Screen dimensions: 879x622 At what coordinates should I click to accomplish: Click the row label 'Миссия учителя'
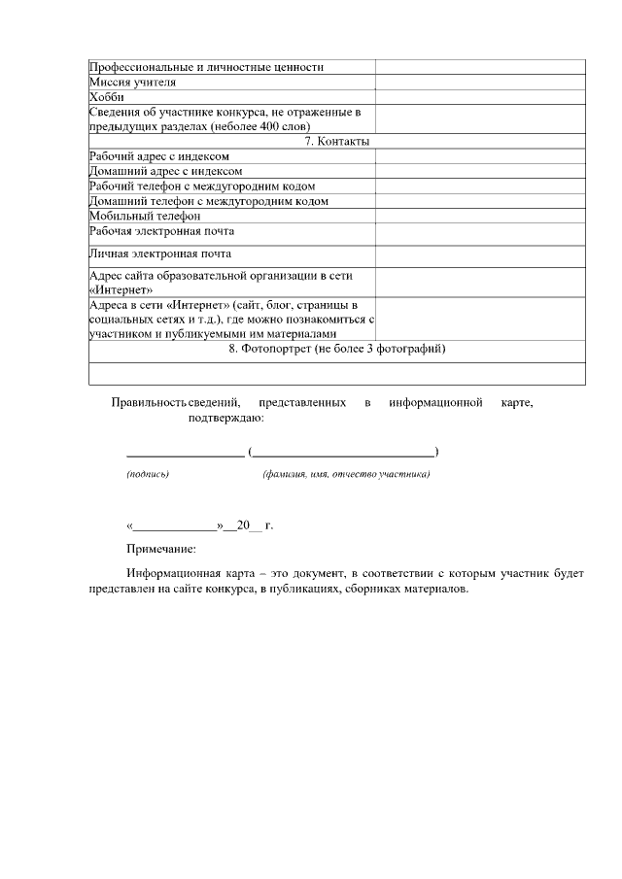point(132,83)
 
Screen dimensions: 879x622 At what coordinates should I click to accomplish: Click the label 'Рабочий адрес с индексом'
point(159,156)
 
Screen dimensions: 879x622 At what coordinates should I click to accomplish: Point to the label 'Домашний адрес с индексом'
point(165,171)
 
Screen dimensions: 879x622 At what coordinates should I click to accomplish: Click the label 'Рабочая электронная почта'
point(161,231)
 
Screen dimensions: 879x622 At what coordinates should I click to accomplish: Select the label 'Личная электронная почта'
point(159,254)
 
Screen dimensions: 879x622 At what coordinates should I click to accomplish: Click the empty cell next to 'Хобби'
point(480,97)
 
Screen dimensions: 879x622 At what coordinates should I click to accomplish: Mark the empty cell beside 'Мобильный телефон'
point(480,216)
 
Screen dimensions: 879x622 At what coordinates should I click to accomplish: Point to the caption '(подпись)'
point(148,475)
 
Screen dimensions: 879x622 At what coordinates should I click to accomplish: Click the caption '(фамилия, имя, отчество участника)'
point(346,475)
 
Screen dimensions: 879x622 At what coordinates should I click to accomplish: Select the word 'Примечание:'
point(161,550)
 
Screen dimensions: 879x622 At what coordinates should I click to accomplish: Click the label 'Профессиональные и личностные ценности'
point(206,67)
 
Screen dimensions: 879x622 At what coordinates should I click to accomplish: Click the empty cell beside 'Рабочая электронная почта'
point(480,233)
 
